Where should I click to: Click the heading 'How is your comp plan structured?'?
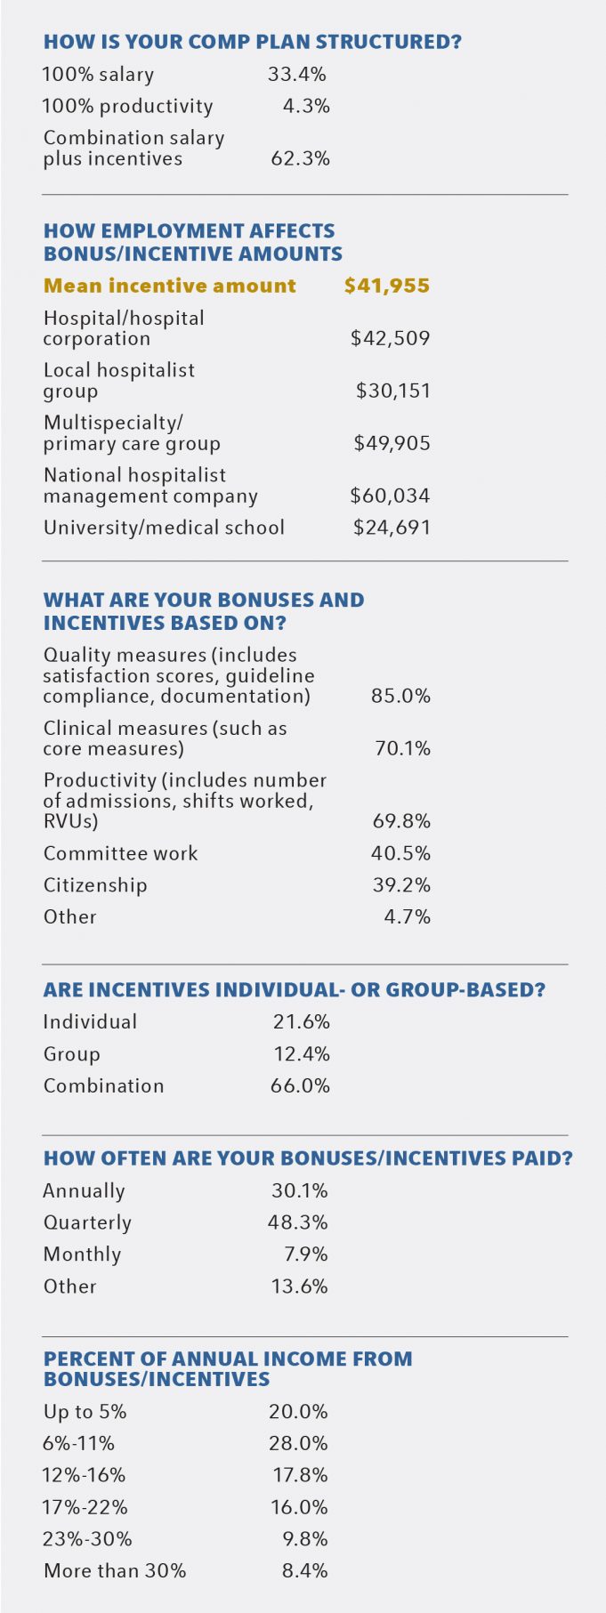(x=253, y=42)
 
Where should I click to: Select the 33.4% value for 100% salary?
(x=297, y=75)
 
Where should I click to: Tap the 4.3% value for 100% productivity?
(x=306, y=106)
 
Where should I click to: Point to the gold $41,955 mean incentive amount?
(x=387, y=286)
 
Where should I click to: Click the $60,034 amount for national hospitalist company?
(x=390, y=496)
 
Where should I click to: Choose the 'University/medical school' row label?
(x=164, y=528)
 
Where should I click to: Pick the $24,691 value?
(x=392, y=528)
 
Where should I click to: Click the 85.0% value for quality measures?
(x=400, y=696)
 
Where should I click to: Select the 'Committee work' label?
(x=121, y=853)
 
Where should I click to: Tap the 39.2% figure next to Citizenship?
(x=401, y=885)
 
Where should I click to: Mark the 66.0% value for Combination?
(x=300, y=1085)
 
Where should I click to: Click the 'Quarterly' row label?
(x=87, y=1222)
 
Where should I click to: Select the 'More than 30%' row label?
(x=115, y=1571)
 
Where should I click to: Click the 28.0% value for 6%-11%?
(x=298, y=1443)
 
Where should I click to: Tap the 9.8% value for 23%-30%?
(x=305, y=1539)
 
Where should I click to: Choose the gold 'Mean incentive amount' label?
(x=170, y=286)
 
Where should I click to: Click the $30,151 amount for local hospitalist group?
(x=392, y=391)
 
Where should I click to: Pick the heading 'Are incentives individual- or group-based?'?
(x=295, y=990)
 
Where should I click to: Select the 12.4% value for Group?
(x=302, y=1054)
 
